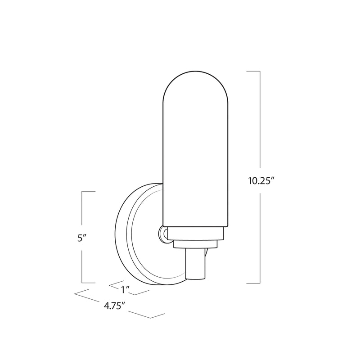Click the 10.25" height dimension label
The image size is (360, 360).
click(x=261, y=181)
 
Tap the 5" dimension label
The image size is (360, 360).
click(x=81, y=238)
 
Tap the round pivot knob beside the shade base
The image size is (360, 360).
click(x=163, y=234)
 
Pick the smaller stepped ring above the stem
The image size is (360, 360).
click(x=196, y=243)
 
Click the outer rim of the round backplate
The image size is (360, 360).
click(x=121, y=234)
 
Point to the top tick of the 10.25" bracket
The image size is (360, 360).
click(x=254, y=71)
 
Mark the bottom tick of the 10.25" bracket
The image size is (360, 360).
click(x=254, y=283)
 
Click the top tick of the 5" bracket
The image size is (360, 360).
click(x=89, y=192)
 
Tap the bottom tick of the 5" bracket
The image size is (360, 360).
click(x=89, y=283)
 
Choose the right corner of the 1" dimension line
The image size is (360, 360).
click(x=149, y=292)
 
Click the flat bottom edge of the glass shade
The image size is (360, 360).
click(x=197, y=226)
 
